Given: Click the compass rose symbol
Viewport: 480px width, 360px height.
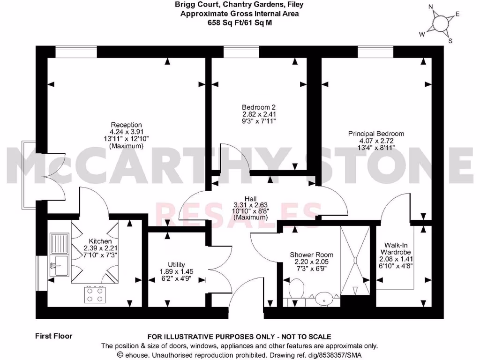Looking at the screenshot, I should (x=440, y=23).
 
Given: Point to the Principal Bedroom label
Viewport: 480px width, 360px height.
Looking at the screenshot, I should (x=376, y=134).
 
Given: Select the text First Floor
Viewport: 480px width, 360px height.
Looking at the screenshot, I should (x=53, y=336).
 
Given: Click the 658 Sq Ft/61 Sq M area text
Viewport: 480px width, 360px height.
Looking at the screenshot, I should (x=240, y=22).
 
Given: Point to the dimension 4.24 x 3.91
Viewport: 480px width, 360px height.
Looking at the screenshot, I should (x=126, y=132).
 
